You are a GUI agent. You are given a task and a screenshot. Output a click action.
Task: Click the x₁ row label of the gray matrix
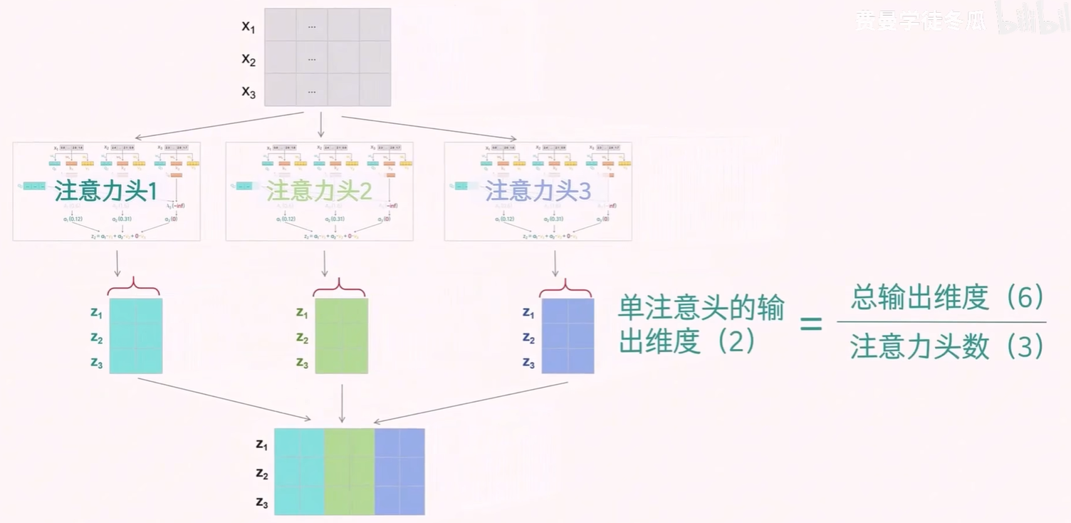tap(248, 27)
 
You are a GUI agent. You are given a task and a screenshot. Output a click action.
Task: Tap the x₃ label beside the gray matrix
tap(248, 92)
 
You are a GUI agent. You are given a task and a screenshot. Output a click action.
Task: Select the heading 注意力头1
tap(105, 191)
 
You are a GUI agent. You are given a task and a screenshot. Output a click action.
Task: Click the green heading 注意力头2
tap(319, 191)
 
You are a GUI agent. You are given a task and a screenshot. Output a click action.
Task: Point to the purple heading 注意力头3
tap(538, 191)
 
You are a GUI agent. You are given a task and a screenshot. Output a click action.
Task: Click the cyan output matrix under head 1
tap(136, 336)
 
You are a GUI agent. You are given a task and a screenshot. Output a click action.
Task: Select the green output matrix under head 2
tap(341, 336)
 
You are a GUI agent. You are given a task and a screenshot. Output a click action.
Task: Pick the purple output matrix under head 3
tap(568, 336)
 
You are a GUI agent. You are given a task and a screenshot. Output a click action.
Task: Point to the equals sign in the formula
tap(811, 324)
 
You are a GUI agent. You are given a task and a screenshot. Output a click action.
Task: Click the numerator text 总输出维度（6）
tap(946, 299)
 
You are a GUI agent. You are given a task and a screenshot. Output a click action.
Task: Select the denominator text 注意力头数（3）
tap(946, 347)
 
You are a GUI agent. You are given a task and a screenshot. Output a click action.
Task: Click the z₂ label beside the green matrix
tap(302, 338)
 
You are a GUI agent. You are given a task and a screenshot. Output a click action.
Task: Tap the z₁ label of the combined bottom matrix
tap(261, 445)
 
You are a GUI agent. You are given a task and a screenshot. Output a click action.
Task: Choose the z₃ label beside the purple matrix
tap(528, 363)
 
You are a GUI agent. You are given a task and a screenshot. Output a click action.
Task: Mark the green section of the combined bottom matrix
tap(349, 471)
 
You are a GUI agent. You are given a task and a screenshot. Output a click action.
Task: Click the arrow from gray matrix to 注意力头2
tap(320, 124)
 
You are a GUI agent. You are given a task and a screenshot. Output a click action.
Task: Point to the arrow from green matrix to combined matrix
tap(343, 403)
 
